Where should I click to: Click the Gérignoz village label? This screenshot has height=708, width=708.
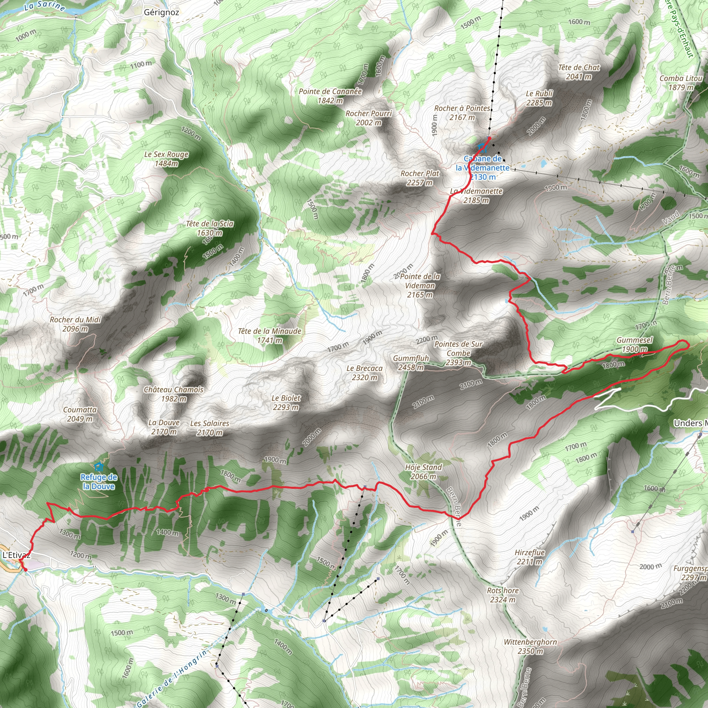[x=161, y=12]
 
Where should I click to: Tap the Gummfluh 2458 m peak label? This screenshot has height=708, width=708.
[x=411, y=363]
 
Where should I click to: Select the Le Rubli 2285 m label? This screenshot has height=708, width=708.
[x=539, y=98]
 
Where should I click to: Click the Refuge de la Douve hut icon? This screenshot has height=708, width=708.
[x=98, y=466]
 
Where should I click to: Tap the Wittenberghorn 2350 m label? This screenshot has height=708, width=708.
[x=530, y=646]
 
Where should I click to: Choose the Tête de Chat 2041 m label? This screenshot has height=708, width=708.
[x=579, y=72]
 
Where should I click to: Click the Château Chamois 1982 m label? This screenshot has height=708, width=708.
[x=174, y=394]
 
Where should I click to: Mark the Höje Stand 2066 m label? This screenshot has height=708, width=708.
[x=423, y=472]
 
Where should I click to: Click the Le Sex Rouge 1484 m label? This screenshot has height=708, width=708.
[x=166, y=159]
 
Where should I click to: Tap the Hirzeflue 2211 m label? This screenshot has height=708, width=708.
[x=530, y=557]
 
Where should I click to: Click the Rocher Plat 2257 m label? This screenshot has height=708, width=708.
[x=420, y=178]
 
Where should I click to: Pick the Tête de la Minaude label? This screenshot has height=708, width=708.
[x=270, y=336]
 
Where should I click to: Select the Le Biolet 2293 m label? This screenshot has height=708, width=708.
[x=286, y=402]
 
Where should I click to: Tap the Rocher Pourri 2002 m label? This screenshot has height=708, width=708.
[x=369, y=118]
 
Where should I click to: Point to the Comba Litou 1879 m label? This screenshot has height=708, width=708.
[x=681, y=83]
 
